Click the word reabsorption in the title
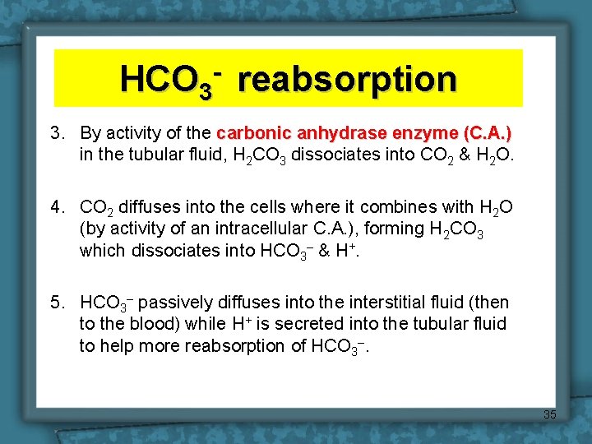tap(349, 79)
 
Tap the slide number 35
tap(549, 414)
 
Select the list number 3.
tap(56, 133)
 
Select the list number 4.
tap(56, 207)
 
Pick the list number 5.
tap(56, 303)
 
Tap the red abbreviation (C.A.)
tap(488, 133)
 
